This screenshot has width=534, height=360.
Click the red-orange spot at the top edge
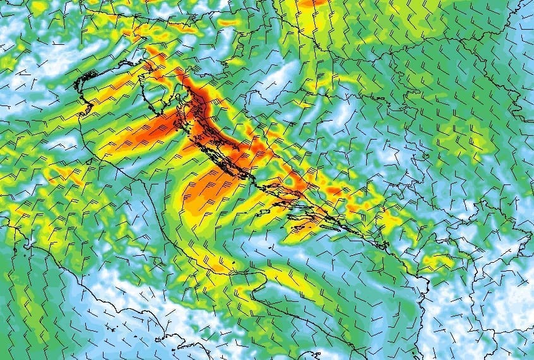click(312, 4)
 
